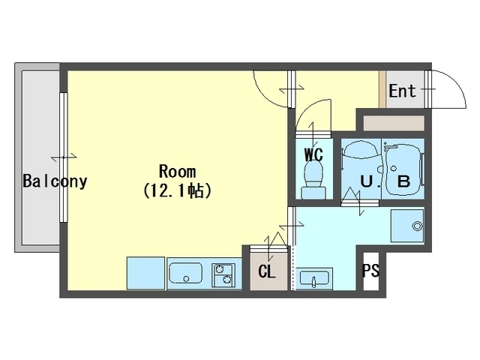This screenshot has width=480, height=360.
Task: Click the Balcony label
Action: [55, 181]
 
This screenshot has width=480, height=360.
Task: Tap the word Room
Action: [178, 172]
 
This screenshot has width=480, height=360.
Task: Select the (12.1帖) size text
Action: [177, 191]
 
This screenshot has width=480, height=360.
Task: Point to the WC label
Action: [313, 154]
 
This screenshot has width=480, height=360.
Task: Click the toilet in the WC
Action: [313, 180]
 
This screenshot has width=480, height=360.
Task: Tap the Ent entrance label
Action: [403, 91]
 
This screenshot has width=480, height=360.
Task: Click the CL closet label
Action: [267, 271]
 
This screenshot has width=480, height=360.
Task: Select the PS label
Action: [370, 270]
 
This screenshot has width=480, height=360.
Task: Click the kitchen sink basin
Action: [186, 273]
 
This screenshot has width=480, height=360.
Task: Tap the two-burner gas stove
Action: [223, 275]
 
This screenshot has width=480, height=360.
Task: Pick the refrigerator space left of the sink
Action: [146, 273]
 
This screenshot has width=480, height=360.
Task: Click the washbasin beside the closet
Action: [314, 279]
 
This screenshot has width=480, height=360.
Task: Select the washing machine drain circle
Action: [417, 226]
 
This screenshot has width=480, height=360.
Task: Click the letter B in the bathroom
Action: [403, 181]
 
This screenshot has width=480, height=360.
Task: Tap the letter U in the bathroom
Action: [367, 181]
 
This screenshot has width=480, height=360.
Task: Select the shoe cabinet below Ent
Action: [394, 123]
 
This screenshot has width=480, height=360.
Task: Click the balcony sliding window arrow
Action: [64, 157]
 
